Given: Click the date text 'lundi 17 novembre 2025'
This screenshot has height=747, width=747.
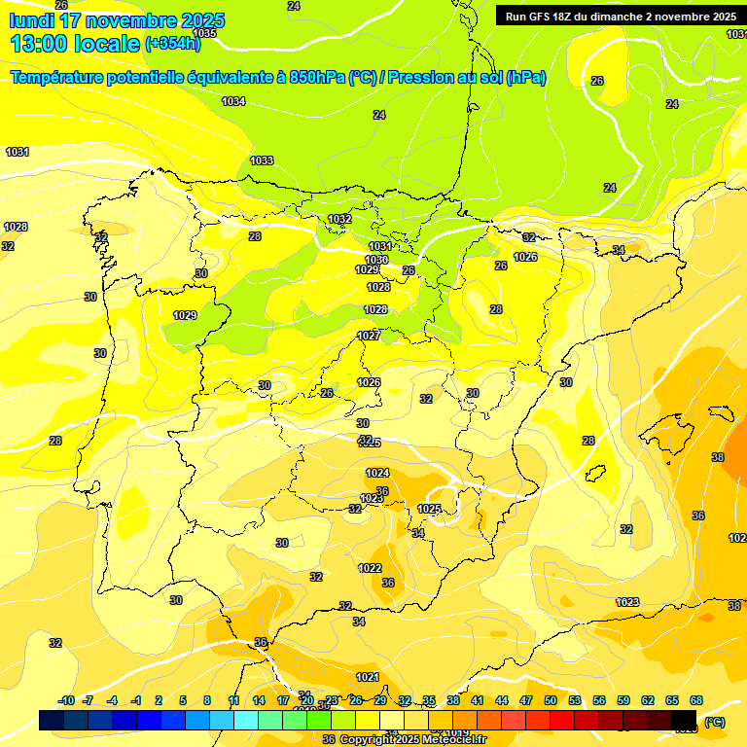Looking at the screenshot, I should coord(117,20).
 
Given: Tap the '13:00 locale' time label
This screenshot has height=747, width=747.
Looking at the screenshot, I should coord(75,43).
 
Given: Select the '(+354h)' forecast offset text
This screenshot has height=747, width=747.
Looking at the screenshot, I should coord(173,44).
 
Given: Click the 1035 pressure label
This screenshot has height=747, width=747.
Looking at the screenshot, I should coord(204,33).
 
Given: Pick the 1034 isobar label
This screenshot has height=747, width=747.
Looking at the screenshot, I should coord(233,101).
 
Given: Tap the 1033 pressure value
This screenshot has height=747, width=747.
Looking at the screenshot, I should coord(262,160).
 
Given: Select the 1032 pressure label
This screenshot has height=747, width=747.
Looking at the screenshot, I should coord(339,219).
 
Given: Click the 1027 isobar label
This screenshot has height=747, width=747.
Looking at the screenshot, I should coord(369,336).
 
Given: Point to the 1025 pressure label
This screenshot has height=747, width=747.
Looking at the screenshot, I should coord(429,509).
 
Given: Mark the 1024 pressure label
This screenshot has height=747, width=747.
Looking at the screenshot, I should coord(377,473).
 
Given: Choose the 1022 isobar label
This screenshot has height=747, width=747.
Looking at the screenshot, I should coord(370,568).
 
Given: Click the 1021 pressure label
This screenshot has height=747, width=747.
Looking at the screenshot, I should coord(367,677).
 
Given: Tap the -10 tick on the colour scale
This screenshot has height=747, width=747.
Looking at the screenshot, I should coord(66,700).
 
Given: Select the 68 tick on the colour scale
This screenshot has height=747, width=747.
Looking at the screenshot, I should coord(696,700).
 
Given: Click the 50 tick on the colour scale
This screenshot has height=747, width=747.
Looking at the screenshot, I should coord(551,700).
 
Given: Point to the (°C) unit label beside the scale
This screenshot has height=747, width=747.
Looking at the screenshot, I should coord(714,721).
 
